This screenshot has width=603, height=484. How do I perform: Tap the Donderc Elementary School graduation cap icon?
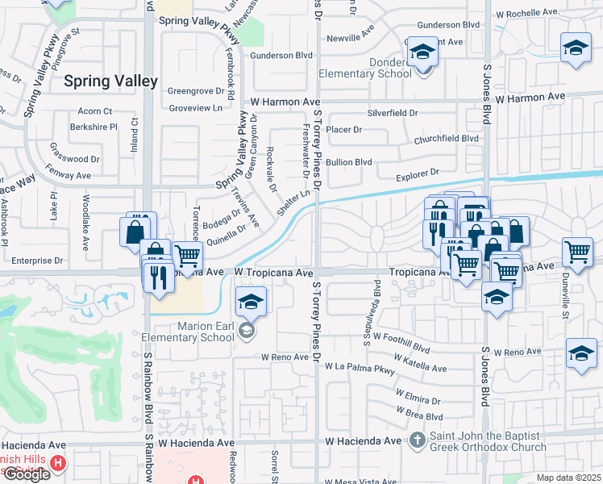pyautogui.click(x=421, y=54)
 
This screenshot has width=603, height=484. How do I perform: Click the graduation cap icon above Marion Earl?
pyautogui.click(x=251, y=304)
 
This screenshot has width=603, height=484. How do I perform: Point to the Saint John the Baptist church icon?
pyautogui.click(x=417, y=440)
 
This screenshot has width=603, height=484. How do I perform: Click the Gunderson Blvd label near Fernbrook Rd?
pyautogui.click(x=281, y=56)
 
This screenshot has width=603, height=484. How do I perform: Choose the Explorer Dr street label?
pyautogui.click(x=418, y=173)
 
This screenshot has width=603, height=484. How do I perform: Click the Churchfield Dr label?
pyautogui.click(x=447, y=139)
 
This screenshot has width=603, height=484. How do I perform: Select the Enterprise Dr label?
pyautogui.click(x=36, y=261)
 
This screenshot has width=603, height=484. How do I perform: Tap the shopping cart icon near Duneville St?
pyautogui.click(x=578, y=253)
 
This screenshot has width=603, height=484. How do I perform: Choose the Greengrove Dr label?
pyautogui.click(x=195, y=91)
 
